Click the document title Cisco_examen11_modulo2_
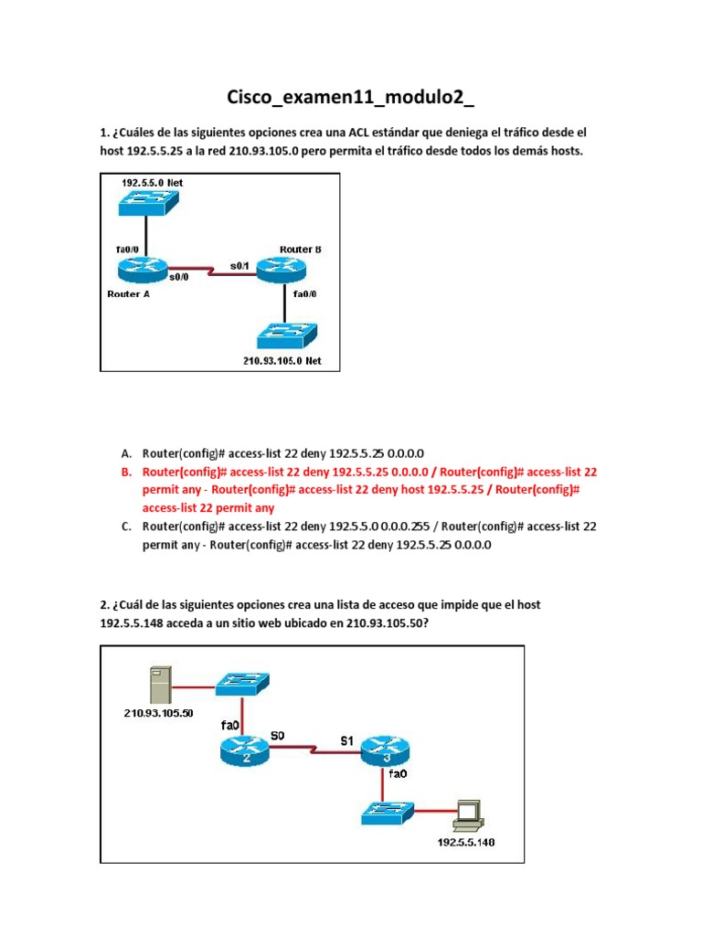[352, 98]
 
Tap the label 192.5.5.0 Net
[152, 183]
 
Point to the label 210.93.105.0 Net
[282, 360]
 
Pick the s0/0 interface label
[179, 276]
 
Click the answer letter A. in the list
[126, 453]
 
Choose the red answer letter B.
[126, 472]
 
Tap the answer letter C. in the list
[126, 526]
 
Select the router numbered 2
[244, 751]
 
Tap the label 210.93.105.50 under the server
[158, 713]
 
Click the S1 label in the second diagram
[347, 741]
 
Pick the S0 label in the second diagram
[278, 734]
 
